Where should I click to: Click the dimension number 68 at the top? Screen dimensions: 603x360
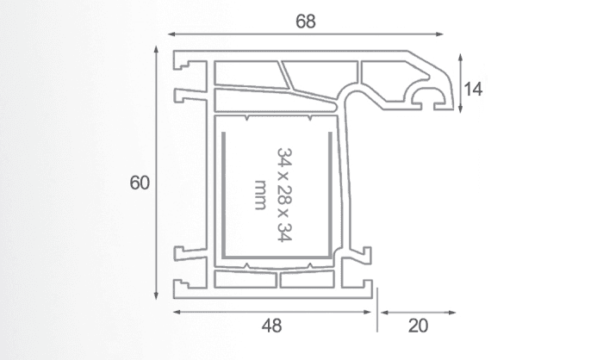tap(306, 22)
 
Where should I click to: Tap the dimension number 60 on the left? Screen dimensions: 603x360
tap(140, 183)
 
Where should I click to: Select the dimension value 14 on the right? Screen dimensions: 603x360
tap(473, 90)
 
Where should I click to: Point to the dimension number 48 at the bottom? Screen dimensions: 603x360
tap(271, 326)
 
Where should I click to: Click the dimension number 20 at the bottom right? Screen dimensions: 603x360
tap(418, 326)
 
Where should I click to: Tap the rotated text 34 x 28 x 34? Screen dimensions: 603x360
tap(284, 195)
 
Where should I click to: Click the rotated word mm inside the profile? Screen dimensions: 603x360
tap(260, 195)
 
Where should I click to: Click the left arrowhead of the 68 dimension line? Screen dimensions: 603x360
tap(172, 34)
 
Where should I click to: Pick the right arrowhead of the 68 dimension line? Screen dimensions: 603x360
tap(439, 34)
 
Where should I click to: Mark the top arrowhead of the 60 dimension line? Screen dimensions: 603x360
tap(156, 49)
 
